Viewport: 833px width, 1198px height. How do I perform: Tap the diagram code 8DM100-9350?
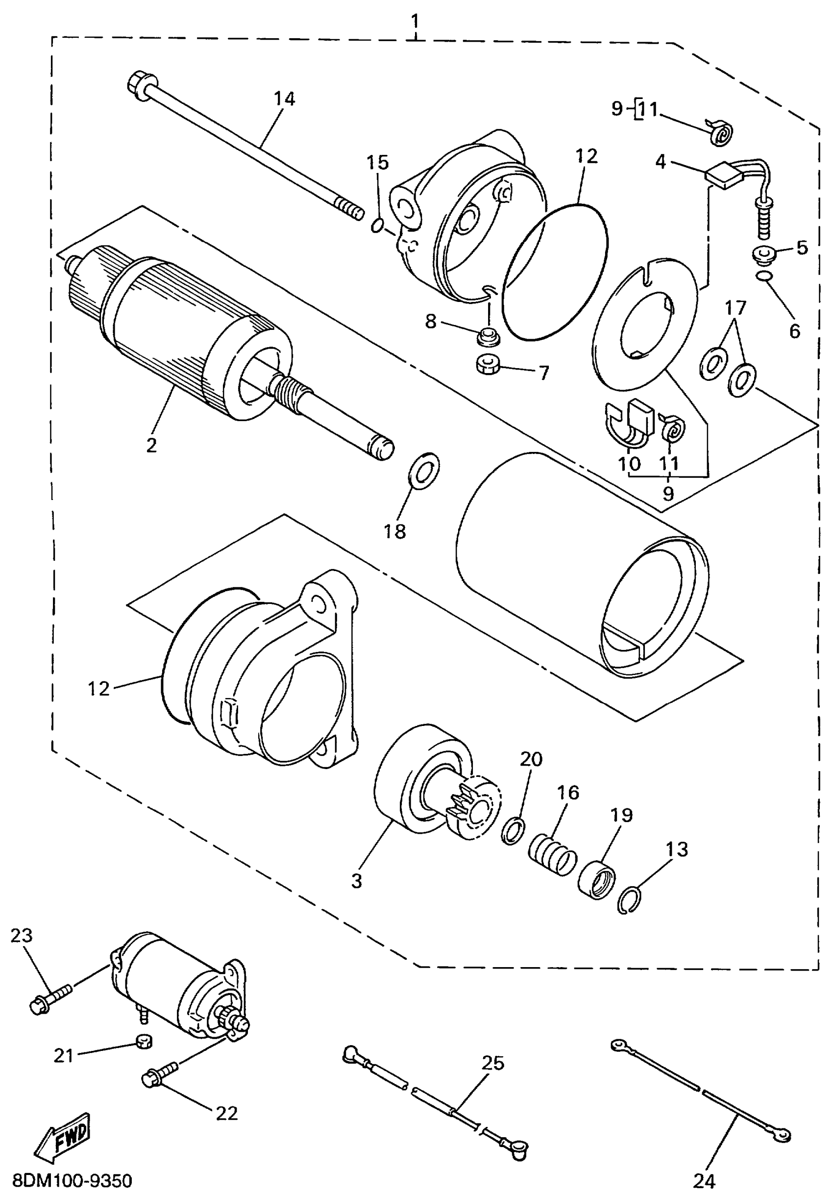click(72, 1180)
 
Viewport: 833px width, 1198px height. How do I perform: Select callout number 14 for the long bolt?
click(284, 99)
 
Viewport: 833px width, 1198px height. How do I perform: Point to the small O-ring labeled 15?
click(378, 225)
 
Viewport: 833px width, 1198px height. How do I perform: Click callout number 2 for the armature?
click(151, 445)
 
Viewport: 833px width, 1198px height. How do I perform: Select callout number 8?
click(430, 322)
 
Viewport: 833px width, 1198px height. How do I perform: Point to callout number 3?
click(356, 882)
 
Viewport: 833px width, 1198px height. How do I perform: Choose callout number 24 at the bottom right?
click(704, 1180)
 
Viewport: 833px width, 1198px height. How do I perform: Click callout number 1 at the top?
click(415, 21)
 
